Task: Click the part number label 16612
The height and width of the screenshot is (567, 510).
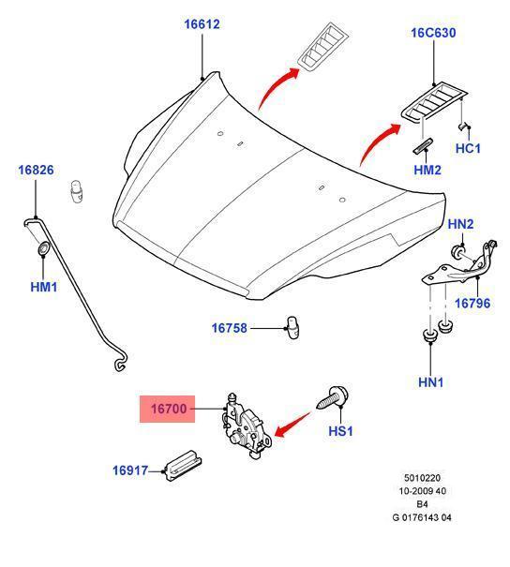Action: pos(202,24)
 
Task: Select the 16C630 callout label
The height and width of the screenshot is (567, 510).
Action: pos(433,33)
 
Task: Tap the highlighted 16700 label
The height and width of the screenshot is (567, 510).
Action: pos(168,409)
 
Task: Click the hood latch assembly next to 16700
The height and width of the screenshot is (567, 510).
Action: pos(247,425)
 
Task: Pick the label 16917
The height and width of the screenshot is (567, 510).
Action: pos(130,470)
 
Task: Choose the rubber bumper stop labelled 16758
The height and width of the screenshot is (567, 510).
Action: pos(292,327)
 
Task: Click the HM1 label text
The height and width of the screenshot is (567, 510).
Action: pos(44,287)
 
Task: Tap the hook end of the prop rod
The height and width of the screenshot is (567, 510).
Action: pos(120,363)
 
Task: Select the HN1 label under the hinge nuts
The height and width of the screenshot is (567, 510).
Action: pos(430,382)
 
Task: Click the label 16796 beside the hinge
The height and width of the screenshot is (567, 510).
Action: pos(472,303)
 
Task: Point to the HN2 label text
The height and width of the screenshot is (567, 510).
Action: pos(460,224)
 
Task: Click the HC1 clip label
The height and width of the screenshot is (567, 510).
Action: pos(468,148)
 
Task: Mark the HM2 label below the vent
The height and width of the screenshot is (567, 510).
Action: pos(427,170)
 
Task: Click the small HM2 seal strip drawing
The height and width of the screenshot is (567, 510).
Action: pos(423,146)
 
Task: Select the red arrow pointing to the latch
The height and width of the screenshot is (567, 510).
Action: pos(292,425)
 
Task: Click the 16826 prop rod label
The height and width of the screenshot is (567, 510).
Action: pos(36,170)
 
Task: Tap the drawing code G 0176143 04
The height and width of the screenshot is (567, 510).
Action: pos(422,517)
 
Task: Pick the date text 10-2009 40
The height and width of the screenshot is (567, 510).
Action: pos(422,491)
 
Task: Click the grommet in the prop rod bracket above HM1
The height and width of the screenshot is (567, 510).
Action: pos(43,248)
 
